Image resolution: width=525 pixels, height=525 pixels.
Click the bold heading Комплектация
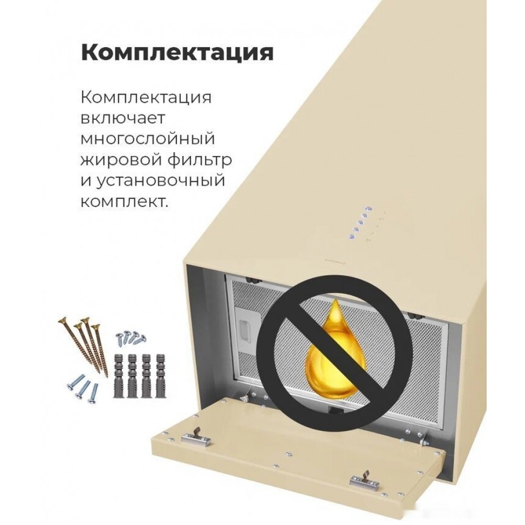click(x=177, y=52)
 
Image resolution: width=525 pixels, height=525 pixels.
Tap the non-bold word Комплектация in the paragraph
click(x=146, y=98)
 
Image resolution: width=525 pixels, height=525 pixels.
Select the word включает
click(x=123, y=118)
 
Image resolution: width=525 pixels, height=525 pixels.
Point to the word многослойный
click(x=148, y=139)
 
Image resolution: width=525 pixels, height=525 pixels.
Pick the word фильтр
click(x=199, y=160)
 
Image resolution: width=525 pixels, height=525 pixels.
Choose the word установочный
click(x=161, y=181)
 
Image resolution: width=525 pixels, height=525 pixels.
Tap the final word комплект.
click(x=123, y=202)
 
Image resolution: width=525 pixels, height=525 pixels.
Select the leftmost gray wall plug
click(x=118, y=376)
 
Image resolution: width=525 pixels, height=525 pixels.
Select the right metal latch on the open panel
click(x=364, y=480)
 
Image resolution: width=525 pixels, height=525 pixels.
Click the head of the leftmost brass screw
click(x=62, y=322)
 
